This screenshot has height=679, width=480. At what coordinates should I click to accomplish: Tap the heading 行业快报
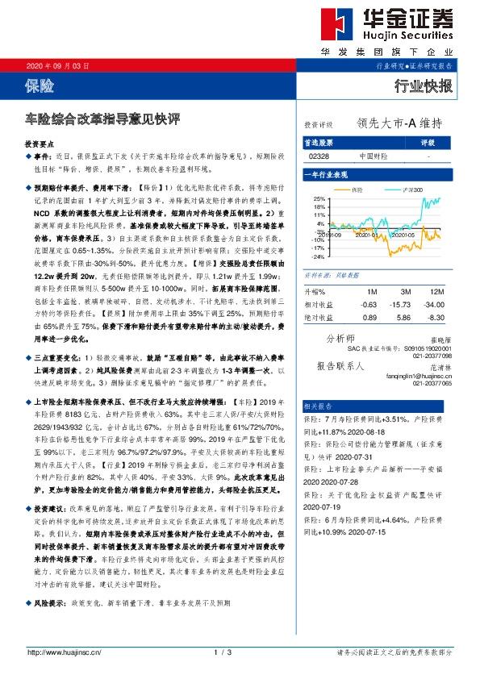424,85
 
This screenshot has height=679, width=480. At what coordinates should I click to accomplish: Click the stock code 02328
319,156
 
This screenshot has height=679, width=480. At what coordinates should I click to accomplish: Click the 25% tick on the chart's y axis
319,198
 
